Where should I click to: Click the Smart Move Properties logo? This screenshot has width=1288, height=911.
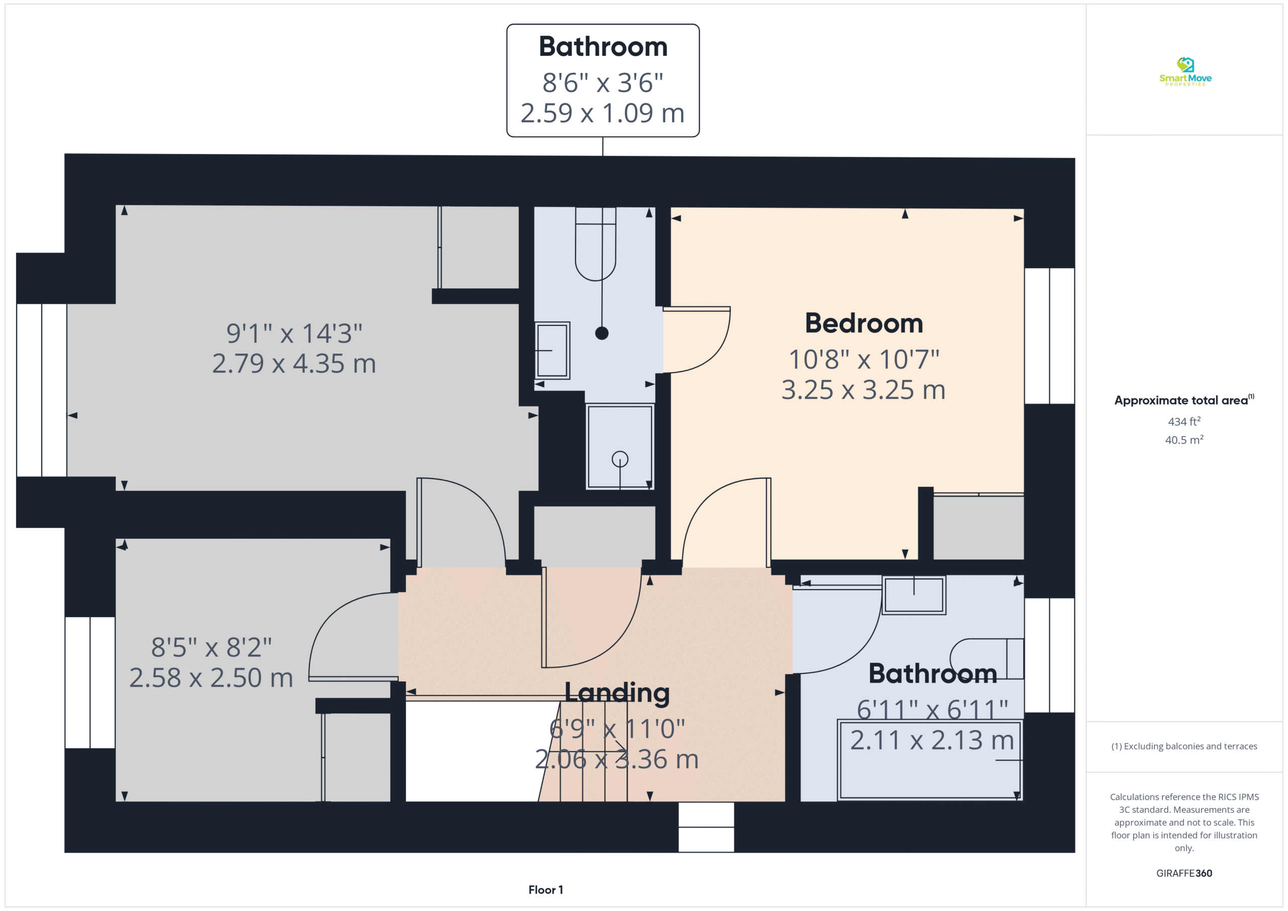1185,71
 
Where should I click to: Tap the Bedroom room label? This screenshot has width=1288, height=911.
864,323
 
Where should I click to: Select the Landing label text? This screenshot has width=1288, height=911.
617,693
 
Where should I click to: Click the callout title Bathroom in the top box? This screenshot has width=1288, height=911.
603,47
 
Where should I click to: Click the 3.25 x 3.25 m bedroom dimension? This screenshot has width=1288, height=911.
863,390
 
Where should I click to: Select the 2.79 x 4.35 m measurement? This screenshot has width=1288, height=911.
294,364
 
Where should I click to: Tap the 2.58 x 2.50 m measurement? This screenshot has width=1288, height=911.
211,678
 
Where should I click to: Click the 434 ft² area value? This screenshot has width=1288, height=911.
1184,421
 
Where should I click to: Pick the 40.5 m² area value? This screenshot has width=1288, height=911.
1184,440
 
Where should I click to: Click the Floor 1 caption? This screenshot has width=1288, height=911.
545,890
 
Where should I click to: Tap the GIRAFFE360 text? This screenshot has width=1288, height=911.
1184,873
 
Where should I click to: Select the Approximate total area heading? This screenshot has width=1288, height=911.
1184,400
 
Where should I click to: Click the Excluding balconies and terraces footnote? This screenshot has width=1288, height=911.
1184,746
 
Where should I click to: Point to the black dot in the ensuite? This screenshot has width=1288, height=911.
602,333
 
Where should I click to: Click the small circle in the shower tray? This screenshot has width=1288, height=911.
620,459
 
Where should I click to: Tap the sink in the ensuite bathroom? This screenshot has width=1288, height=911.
552,351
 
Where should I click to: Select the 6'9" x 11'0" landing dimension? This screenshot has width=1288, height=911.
617,729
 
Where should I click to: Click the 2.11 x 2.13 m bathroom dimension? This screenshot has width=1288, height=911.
932,740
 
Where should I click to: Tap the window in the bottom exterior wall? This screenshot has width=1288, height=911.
706,827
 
